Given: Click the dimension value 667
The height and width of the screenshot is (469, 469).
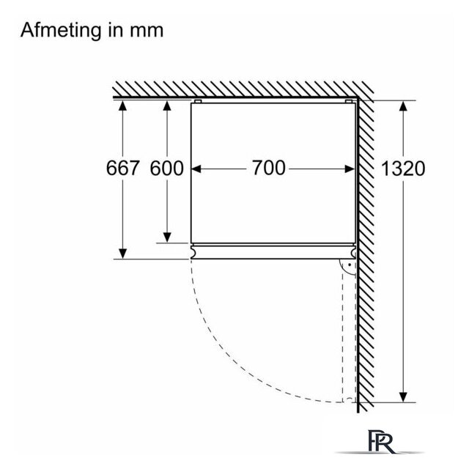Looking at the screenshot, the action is (x=122, y=168).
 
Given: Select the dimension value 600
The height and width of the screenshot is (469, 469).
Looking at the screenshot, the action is (x=166, y=168).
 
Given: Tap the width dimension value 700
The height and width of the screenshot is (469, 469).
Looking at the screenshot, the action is (x=269, y=168).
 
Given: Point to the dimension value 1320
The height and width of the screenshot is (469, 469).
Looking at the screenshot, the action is (x=402, y=168).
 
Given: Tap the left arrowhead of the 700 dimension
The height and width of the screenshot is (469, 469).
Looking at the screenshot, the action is (x=196, y=169).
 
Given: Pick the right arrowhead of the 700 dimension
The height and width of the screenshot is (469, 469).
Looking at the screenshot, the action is (x=350, y=169).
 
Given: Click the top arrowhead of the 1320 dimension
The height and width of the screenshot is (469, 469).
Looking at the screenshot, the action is (x=403, y=106).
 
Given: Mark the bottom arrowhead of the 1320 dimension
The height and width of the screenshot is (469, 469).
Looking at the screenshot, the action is (x=403, y=397).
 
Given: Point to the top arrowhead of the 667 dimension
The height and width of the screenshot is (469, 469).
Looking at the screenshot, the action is (x=122, y=106).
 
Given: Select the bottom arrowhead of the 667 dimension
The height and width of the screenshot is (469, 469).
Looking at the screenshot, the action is (x=122, y=254).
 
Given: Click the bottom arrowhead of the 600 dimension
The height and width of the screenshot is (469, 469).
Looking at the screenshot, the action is (x=167, y=237).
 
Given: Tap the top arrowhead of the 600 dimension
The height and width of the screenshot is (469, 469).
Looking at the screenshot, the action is (x=167, y=106).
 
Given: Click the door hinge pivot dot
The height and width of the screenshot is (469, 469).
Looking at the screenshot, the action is (x=350, y=265).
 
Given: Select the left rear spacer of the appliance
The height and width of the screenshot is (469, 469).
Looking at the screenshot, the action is (x=198, y=101).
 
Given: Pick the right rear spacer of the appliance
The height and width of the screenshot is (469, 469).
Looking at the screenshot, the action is (x=349, y=101).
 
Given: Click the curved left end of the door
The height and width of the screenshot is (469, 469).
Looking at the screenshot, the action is (x=193, y=252).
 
